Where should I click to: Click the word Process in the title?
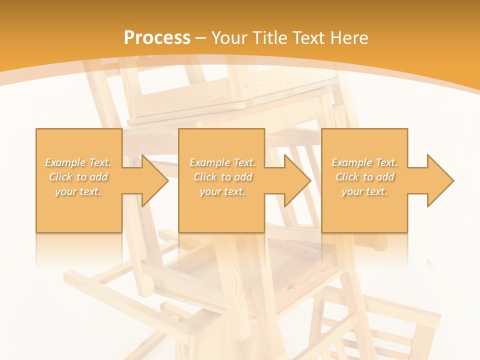157,38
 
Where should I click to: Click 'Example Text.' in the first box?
78,162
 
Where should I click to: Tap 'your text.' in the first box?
78,191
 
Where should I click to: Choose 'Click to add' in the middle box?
222,177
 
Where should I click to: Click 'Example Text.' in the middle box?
222,162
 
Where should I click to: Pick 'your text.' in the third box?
364,191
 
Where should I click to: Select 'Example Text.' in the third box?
364,162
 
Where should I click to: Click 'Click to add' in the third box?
364,177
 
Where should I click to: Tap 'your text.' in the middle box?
222,191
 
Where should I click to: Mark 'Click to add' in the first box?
78,177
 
